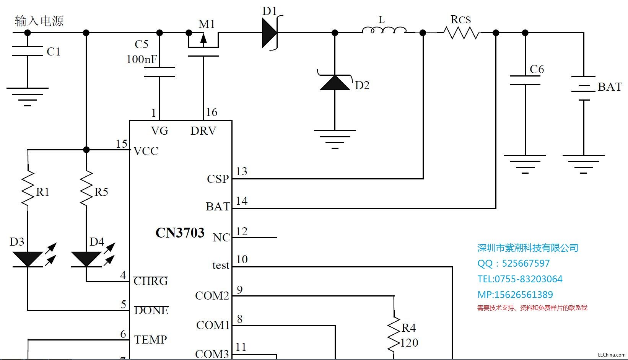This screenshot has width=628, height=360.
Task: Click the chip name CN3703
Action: (180, 233)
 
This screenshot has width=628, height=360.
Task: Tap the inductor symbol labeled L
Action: (384, 30)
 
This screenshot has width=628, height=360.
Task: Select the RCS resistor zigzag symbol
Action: (461, 33)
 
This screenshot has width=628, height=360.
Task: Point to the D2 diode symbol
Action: (335, 82)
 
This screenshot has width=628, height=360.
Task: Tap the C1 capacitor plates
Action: (27, 51)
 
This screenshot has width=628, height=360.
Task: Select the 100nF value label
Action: (142, 59)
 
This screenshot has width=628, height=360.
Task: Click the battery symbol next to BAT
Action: (583, 88)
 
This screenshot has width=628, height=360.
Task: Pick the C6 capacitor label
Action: (537, 69)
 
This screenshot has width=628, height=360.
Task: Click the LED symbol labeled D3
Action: (28, 259)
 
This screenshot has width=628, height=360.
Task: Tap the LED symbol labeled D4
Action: (86, 259)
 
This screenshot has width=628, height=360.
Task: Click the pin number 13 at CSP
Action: (241, 171)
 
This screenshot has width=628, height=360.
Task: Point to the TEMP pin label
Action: (151, 339)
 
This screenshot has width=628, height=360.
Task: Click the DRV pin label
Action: (203, 131)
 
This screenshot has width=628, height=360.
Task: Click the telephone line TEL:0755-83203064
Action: (519, 279)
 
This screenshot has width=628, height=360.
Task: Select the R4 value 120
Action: (409, 343)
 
